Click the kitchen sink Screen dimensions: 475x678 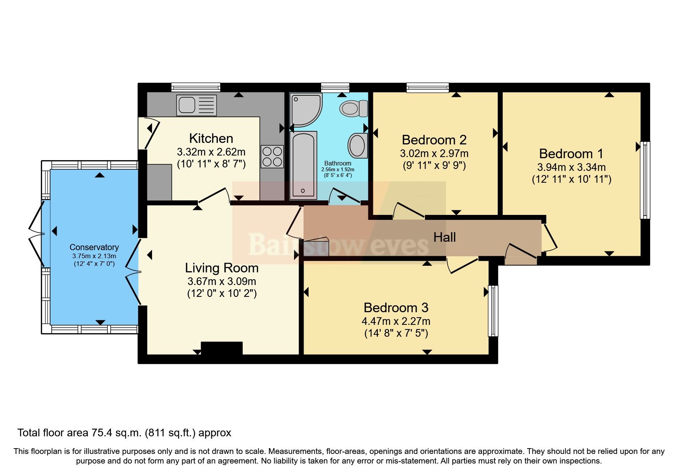196,105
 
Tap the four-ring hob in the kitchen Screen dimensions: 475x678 272,157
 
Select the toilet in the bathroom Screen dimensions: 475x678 353,108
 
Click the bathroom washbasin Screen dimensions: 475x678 358,145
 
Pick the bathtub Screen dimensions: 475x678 303,165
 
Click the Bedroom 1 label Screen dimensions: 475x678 571,154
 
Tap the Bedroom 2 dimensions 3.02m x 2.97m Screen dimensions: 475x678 434,154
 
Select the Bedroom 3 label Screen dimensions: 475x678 396,308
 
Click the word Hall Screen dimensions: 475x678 444,237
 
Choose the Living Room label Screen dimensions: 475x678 222,268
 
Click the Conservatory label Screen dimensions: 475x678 94,247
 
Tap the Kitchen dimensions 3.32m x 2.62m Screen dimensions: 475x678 211,152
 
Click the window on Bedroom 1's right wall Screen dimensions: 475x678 645,180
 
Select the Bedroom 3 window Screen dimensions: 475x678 493,311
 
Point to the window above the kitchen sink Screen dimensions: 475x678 196,87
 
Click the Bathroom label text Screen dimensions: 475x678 338,164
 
